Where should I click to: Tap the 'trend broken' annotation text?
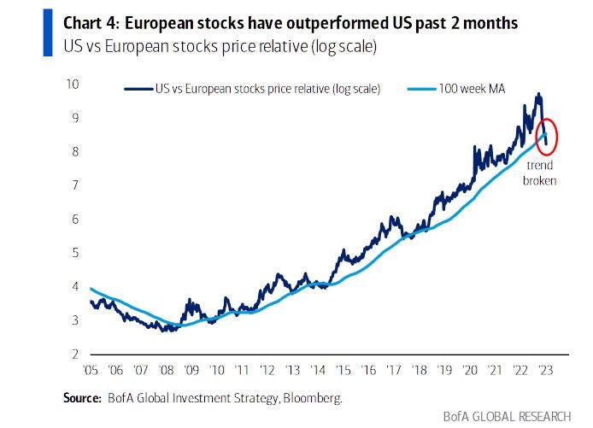point(540,173)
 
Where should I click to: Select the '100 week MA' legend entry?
point(479,88)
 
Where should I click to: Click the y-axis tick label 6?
point(74,219)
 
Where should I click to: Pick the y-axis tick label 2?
point(74,354)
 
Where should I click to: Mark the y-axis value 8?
point(74,151)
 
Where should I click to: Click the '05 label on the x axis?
point(90,371)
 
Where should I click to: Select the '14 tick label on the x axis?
point(318,371)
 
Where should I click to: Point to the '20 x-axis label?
point(470,371)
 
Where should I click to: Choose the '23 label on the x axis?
point(546,371)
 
